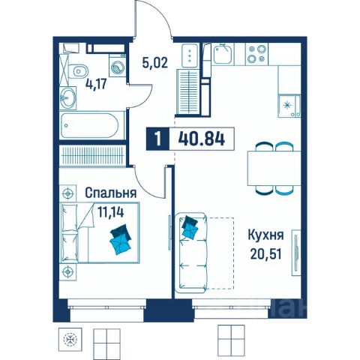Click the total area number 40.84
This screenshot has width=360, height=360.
[x=202, y=139]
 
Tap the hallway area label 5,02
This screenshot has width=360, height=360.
[x=154, y=62]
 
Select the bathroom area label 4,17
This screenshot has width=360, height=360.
[x=96, y=84]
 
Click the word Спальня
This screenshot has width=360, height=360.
[x=111, y=193]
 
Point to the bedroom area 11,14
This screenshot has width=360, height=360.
[x=111, y=212]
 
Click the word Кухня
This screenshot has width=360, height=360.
[x=265, y=235]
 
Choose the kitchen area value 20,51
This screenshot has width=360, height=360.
[x=266, y=254]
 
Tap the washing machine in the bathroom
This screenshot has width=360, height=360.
[x=117, y=65]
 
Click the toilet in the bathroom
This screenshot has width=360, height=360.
[x=78, y=72]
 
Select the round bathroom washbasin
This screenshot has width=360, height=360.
[x=67, y=97]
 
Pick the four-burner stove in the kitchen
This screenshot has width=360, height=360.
[x=256, y=54]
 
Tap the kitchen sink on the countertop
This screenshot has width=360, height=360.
[x=223, y=54]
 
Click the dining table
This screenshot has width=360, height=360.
[x=274, y=169]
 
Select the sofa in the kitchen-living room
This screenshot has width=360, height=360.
[x=191, y=253]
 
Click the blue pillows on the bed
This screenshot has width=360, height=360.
[x=121, y=239]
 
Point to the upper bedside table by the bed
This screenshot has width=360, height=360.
[x=67, y=193]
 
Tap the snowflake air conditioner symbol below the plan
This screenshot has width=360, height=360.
[x=70, y=340]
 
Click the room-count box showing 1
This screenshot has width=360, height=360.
[x=157, y=139]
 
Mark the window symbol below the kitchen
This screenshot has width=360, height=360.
[x=231, y=339]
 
